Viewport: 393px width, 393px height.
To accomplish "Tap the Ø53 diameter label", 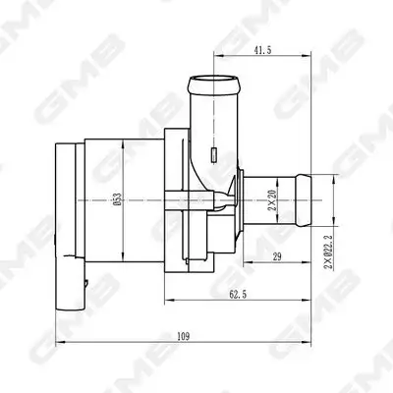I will pyautogui.click(x=117, y=200).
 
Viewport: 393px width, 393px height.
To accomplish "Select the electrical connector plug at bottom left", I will pyautogui.click(x=72, y=280).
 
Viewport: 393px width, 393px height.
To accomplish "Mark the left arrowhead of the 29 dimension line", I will pyautogui.click(x=243, y=263).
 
